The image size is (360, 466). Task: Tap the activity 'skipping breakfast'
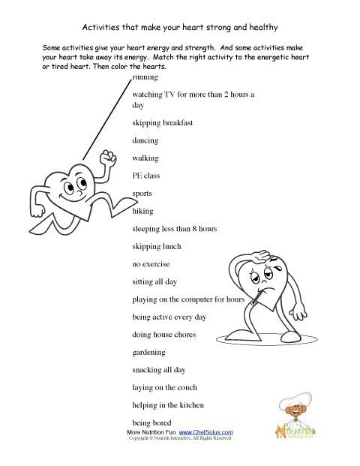click(162, 122)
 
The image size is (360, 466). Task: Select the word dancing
click(145, 140)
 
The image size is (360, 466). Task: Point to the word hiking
click(142, 211)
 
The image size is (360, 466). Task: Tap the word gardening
click(150, 352)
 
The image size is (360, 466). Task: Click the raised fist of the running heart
click(109, 157)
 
